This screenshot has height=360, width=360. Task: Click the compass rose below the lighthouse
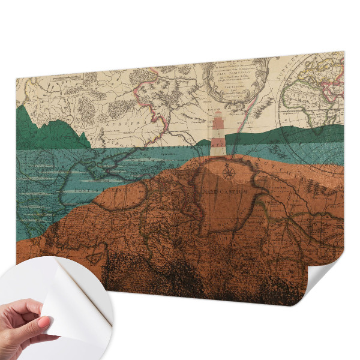(x=228, y=173)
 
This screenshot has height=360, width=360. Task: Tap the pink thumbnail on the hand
(x=45, y=322)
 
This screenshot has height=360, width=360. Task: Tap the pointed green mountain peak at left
(x=24, y=111)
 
